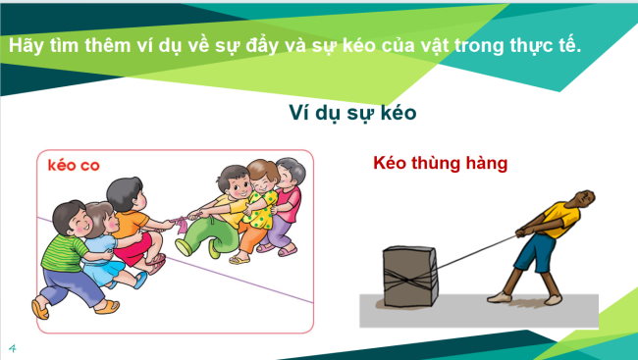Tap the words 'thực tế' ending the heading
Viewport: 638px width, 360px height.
[x=546, y=46]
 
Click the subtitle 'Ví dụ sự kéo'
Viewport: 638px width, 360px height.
[x=352, y=113]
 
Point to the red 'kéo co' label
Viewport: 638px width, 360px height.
[x=74, y=165]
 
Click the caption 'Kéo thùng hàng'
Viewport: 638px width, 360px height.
[x=440, y=163]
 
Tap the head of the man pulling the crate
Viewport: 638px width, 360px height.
[x=581, y=199]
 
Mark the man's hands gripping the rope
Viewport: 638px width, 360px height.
[x=519, y=232]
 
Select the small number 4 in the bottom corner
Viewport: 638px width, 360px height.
[x=13, y=347]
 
